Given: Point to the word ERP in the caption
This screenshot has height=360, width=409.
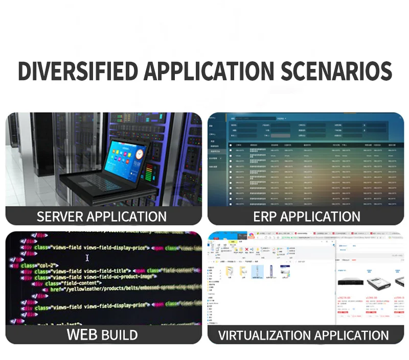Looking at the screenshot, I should click(x=265, y=217).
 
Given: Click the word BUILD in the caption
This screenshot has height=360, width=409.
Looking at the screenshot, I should click(x=119, y=335).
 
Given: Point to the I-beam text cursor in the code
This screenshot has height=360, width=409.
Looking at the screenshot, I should click(x=87, y=258).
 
